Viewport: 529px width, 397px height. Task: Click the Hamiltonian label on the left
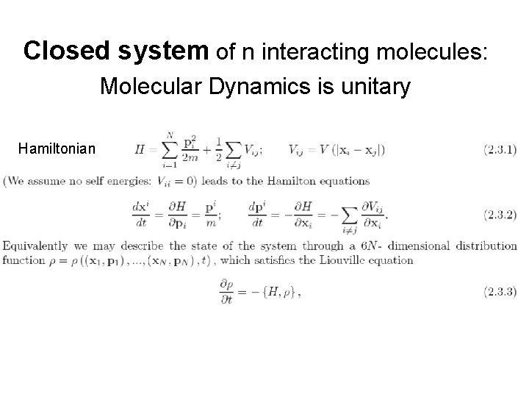coord(57,149)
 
